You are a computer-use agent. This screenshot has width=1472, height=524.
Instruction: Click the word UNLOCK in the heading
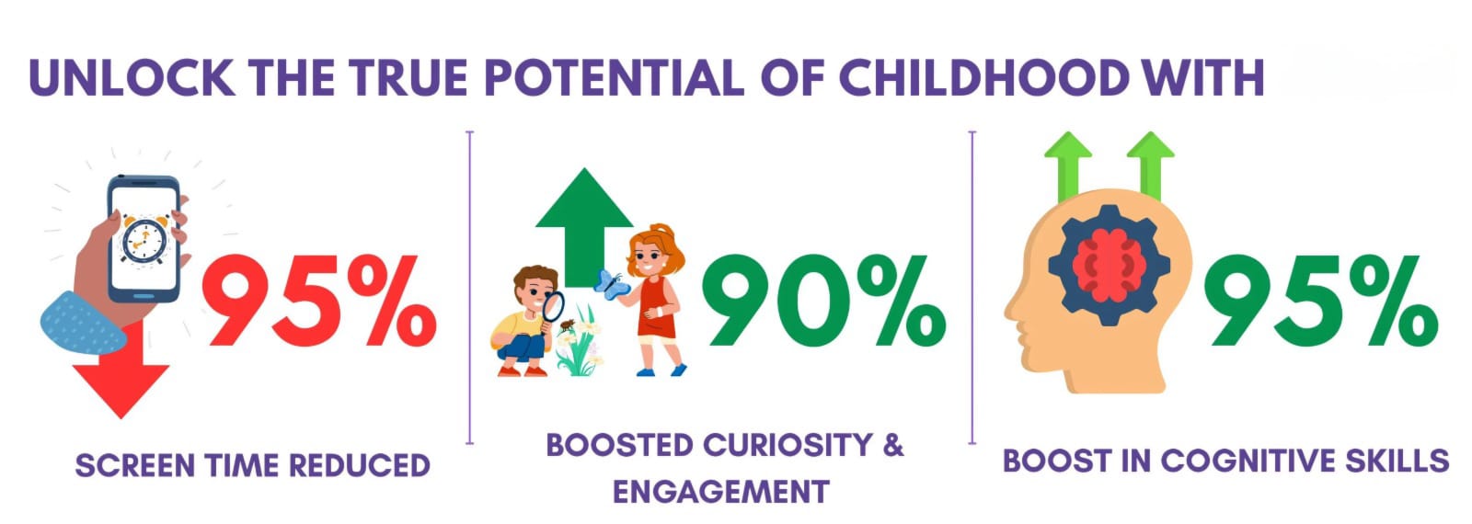[x=132, y=78]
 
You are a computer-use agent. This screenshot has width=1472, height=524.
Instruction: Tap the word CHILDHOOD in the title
[x=983, y=78]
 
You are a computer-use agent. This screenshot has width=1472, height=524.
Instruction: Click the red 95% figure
[x=319, y=302]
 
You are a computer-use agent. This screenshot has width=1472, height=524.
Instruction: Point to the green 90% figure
[x=824, y=302]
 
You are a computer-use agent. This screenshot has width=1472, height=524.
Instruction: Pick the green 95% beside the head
[x=1321, y=302]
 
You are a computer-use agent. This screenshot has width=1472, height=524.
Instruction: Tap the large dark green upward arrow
[x=584, y=227]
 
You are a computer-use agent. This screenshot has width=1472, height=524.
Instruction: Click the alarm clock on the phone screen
[x=145, y=241]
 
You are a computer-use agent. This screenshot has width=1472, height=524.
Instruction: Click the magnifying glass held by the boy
[x=552, y=308]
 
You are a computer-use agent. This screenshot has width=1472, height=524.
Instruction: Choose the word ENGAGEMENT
[x=721, y=492]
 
